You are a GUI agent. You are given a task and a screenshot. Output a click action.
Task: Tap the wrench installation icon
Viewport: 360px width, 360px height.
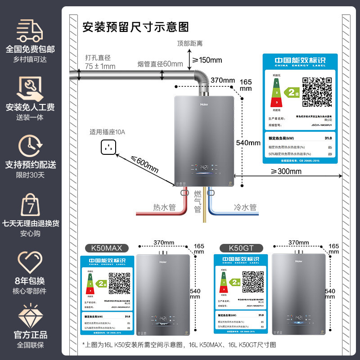point(30,88)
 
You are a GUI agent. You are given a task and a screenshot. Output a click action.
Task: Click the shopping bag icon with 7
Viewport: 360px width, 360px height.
point(30,205)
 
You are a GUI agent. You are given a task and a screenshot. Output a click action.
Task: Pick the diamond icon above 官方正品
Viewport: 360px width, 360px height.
point(30,317)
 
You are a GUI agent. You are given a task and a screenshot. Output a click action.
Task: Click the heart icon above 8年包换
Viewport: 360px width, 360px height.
point(30,261)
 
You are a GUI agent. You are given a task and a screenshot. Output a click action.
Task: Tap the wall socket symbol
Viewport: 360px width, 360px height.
point(108,146)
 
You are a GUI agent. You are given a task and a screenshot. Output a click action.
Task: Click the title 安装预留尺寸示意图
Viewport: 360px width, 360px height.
point(135,27)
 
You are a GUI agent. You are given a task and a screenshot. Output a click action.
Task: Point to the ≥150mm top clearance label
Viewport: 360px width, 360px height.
point(207,60)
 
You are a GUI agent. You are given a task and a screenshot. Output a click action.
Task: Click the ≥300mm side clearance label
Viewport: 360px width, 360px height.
point(286,171)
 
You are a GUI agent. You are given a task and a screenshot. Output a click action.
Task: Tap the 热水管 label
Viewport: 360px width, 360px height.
point(164,207)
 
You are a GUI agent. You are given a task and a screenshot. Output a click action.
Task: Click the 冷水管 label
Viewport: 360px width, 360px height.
point(245,207)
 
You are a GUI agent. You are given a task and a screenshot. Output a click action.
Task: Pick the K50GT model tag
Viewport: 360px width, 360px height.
point(239,247)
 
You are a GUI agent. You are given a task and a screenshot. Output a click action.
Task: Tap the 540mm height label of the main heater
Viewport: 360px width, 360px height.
point(248,143)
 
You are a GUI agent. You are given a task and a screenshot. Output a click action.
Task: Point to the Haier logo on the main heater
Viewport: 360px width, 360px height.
point(204,102)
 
